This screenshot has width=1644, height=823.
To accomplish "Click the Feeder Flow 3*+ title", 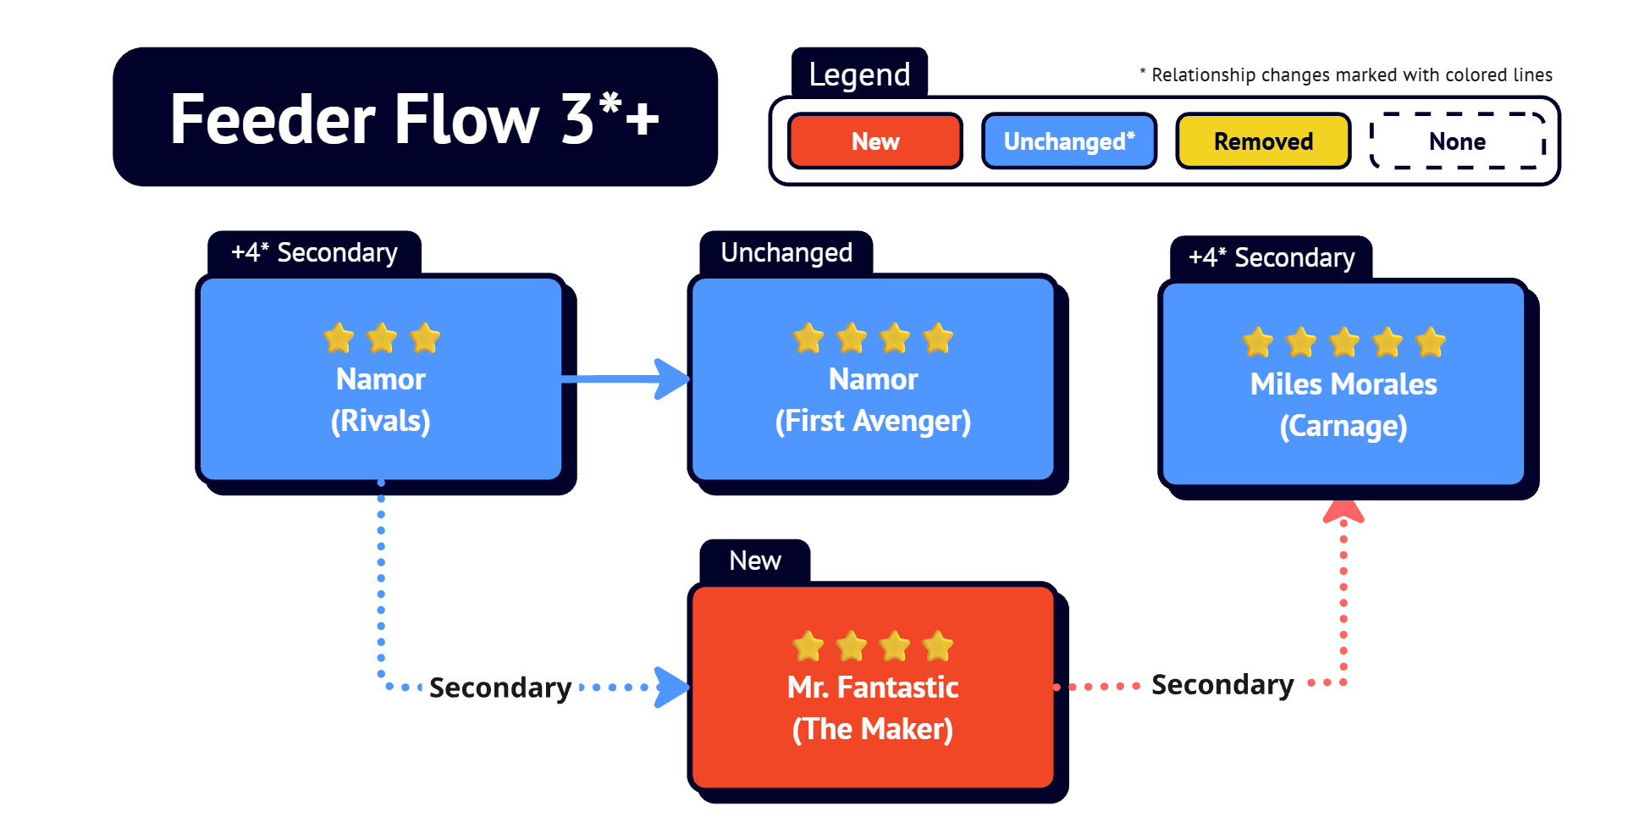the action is click(x=415, y=119).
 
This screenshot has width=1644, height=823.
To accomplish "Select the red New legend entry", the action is click(x=875, y=141).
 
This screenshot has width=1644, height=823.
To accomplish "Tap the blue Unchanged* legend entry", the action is click(x=1069, y=141).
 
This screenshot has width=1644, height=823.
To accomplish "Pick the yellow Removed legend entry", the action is click(x=1263, y=141).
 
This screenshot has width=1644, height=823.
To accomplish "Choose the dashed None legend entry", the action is click(x=1458, y=141).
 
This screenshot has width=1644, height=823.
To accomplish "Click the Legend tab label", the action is click(x=859, y=75).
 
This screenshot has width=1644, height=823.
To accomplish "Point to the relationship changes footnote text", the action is click(x=1346, y=75).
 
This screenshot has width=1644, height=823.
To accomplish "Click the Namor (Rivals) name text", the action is click(x=381, y=400).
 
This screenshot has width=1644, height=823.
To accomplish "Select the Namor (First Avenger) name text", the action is click(x=873, y=400).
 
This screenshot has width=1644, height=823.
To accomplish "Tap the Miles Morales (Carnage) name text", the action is click(x=1343, y=405).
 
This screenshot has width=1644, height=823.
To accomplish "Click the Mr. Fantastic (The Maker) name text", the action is click(x=873, y=708).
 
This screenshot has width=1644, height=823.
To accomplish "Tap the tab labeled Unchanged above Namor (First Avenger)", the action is click(x=786, y=252).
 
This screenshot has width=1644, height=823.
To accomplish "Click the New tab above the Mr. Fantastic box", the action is click(x=755, y=561).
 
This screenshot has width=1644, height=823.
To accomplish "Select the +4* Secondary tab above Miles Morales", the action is click(x=1272, y=257).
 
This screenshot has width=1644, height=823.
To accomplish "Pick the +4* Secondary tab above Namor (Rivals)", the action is click(x=314, y=252).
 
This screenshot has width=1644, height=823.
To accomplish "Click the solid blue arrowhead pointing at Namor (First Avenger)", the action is click(x=673, y=378).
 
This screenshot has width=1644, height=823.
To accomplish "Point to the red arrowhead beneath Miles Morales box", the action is click(x=1343, y=511).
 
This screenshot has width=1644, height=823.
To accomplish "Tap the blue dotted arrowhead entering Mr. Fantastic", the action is click(x=673, y=687).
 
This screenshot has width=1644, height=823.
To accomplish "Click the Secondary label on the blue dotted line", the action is click(x=500, y=688).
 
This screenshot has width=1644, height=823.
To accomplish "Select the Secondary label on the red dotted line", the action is click(x=1222, y=684).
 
